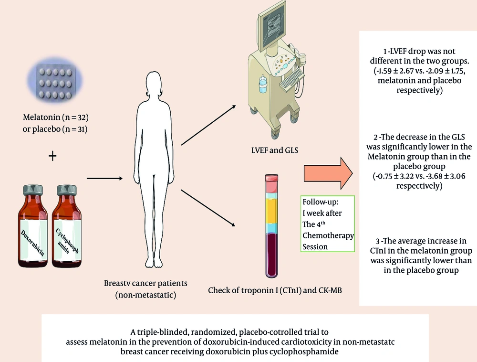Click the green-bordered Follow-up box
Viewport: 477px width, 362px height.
[328, 223]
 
